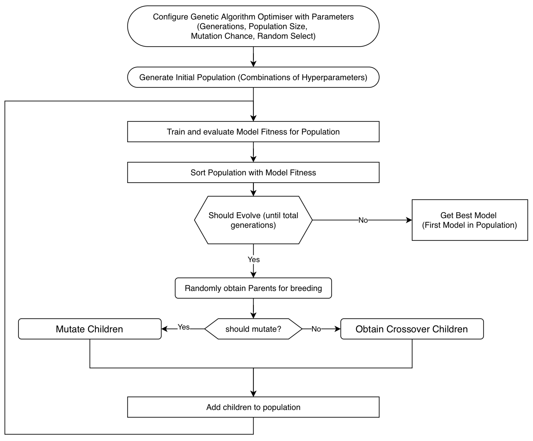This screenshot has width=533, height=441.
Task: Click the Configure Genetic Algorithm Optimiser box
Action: pyautogui.click(x=253, y=26)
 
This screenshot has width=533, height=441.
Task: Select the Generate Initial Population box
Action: pyautogui.click(x=253, y=77)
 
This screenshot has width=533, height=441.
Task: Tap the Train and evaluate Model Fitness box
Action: pyautogui.click(x=253, y=132)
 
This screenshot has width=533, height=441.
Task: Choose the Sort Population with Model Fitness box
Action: pyautogui.click(x=253, y=172)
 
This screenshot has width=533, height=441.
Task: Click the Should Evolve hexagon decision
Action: pyautogui.click(x=253, y=220)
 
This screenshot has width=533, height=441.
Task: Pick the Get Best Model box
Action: pyautogui.click(x=470, y=220)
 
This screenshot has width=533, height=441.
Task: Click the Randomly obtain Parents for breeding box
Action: pyautogui.click(x=253, y=288)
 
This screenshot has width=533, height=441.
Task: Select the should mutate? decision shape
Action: pyautogui.click(x=253, y=329)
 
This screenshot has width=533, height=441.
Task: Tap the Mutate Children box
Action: pyautogui.click(x=90, y=329)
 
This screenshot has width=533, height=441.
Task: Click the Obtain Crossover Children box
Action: pyautogui.click(x=412, y=329)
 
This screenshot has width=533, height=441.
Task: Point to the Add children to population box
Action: pyautogui.click(x=253, y=407)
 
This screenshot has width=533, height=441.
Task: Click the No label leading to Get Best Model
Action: pyautogui.click(x=363, y=220)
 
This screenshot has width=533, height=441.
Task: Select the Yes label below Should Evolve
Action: pyautogui.click(x=253, y=259)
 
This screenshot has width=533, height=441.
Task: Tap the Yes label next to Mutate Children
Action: pyautogui.click(x=183, y=327)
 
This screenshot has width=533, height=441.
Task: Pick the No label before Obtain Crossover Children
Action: pyautogui.click(x=316, y=329)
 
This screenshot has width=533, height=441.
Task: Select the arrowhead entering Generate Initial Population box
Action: pyautogui.click(x=253, y=64)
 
